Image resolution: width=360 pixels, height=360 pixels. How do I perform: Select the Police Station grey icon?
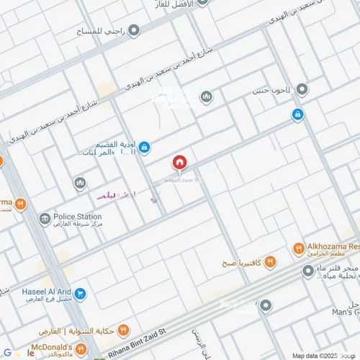click(45, 217)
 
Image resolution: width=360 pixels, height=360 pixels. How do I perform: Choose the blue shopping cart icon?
click(81, 294)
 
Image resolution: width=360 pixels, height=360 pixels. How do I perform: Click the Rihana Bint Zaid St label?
click(138, 351)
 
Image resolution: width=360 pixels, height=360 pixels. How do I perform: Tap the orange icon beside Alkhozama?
click(298, 248)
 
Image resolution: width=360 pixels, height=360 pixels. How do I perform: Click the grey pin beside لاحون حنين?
click(302, 90)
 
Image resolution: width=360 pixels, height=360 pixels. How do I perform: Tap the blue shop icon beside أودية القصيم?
click(144, 148)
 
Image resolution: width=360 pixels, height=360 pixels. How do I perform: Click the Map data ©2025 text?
click(314, 355)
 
